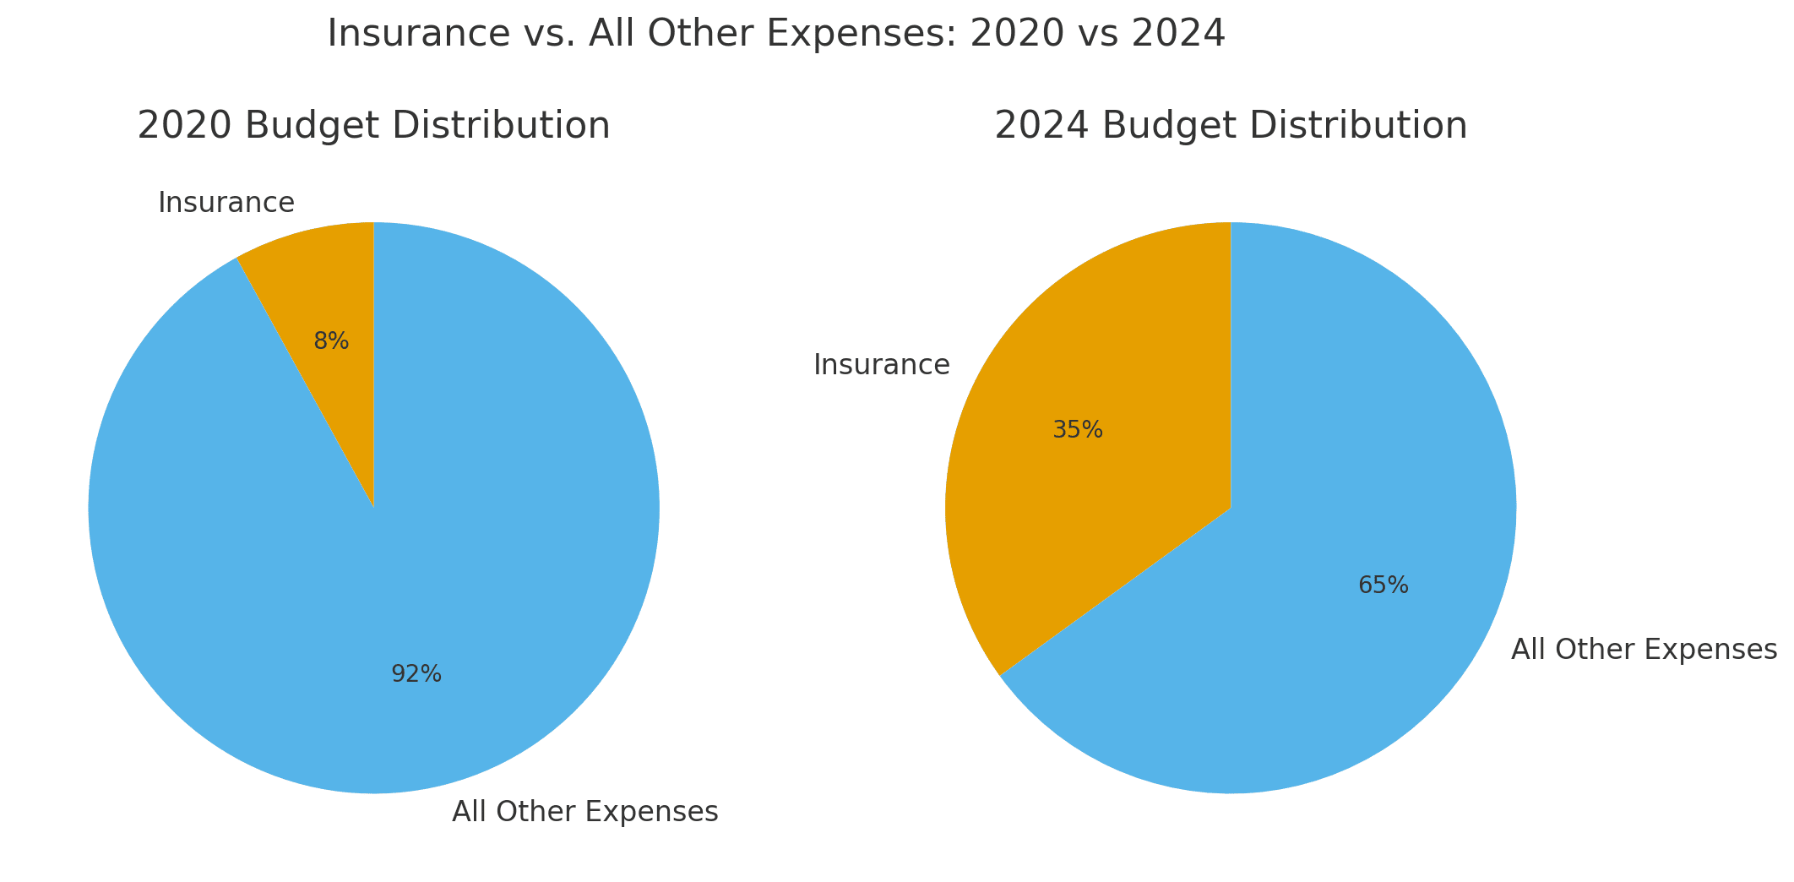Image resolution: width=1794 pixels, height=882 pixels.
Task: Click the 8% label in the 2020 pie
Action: coord(331,341)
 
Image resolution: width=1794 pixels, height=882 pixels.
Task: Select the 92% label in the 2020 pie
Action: coord(416,674)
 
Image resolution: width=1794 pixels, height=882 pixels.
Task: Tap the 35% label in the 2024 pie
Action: coord(1078,430)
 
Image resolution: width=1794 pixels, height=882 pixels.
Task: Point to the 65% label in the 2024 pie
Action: coord(1384,585)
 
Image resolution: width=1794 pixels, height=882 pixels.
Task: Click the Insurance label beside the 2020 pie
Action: coord(226,203)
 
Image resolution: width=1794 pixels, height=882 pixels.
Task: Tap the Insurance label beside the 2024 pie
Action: coord(882,365)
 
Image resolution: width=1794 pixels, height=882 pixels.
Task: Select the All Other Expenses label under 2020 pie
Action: coord(585,812)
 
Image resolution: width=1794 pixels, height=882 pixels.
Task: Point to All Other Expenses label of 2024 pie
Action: coord(1644,650)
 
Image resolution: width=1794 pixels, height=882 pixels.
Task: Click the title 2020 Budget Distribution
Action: coord(373,126)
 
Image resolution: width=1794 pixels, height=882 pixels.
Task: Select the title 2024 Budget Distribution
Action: coord(1231,126)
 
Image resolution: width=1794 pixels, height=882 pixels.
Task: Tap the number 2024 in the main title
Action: coord(1182,34)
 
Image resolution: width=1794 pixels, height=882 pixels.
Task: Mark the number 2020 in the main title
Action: coord(1008,34)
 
